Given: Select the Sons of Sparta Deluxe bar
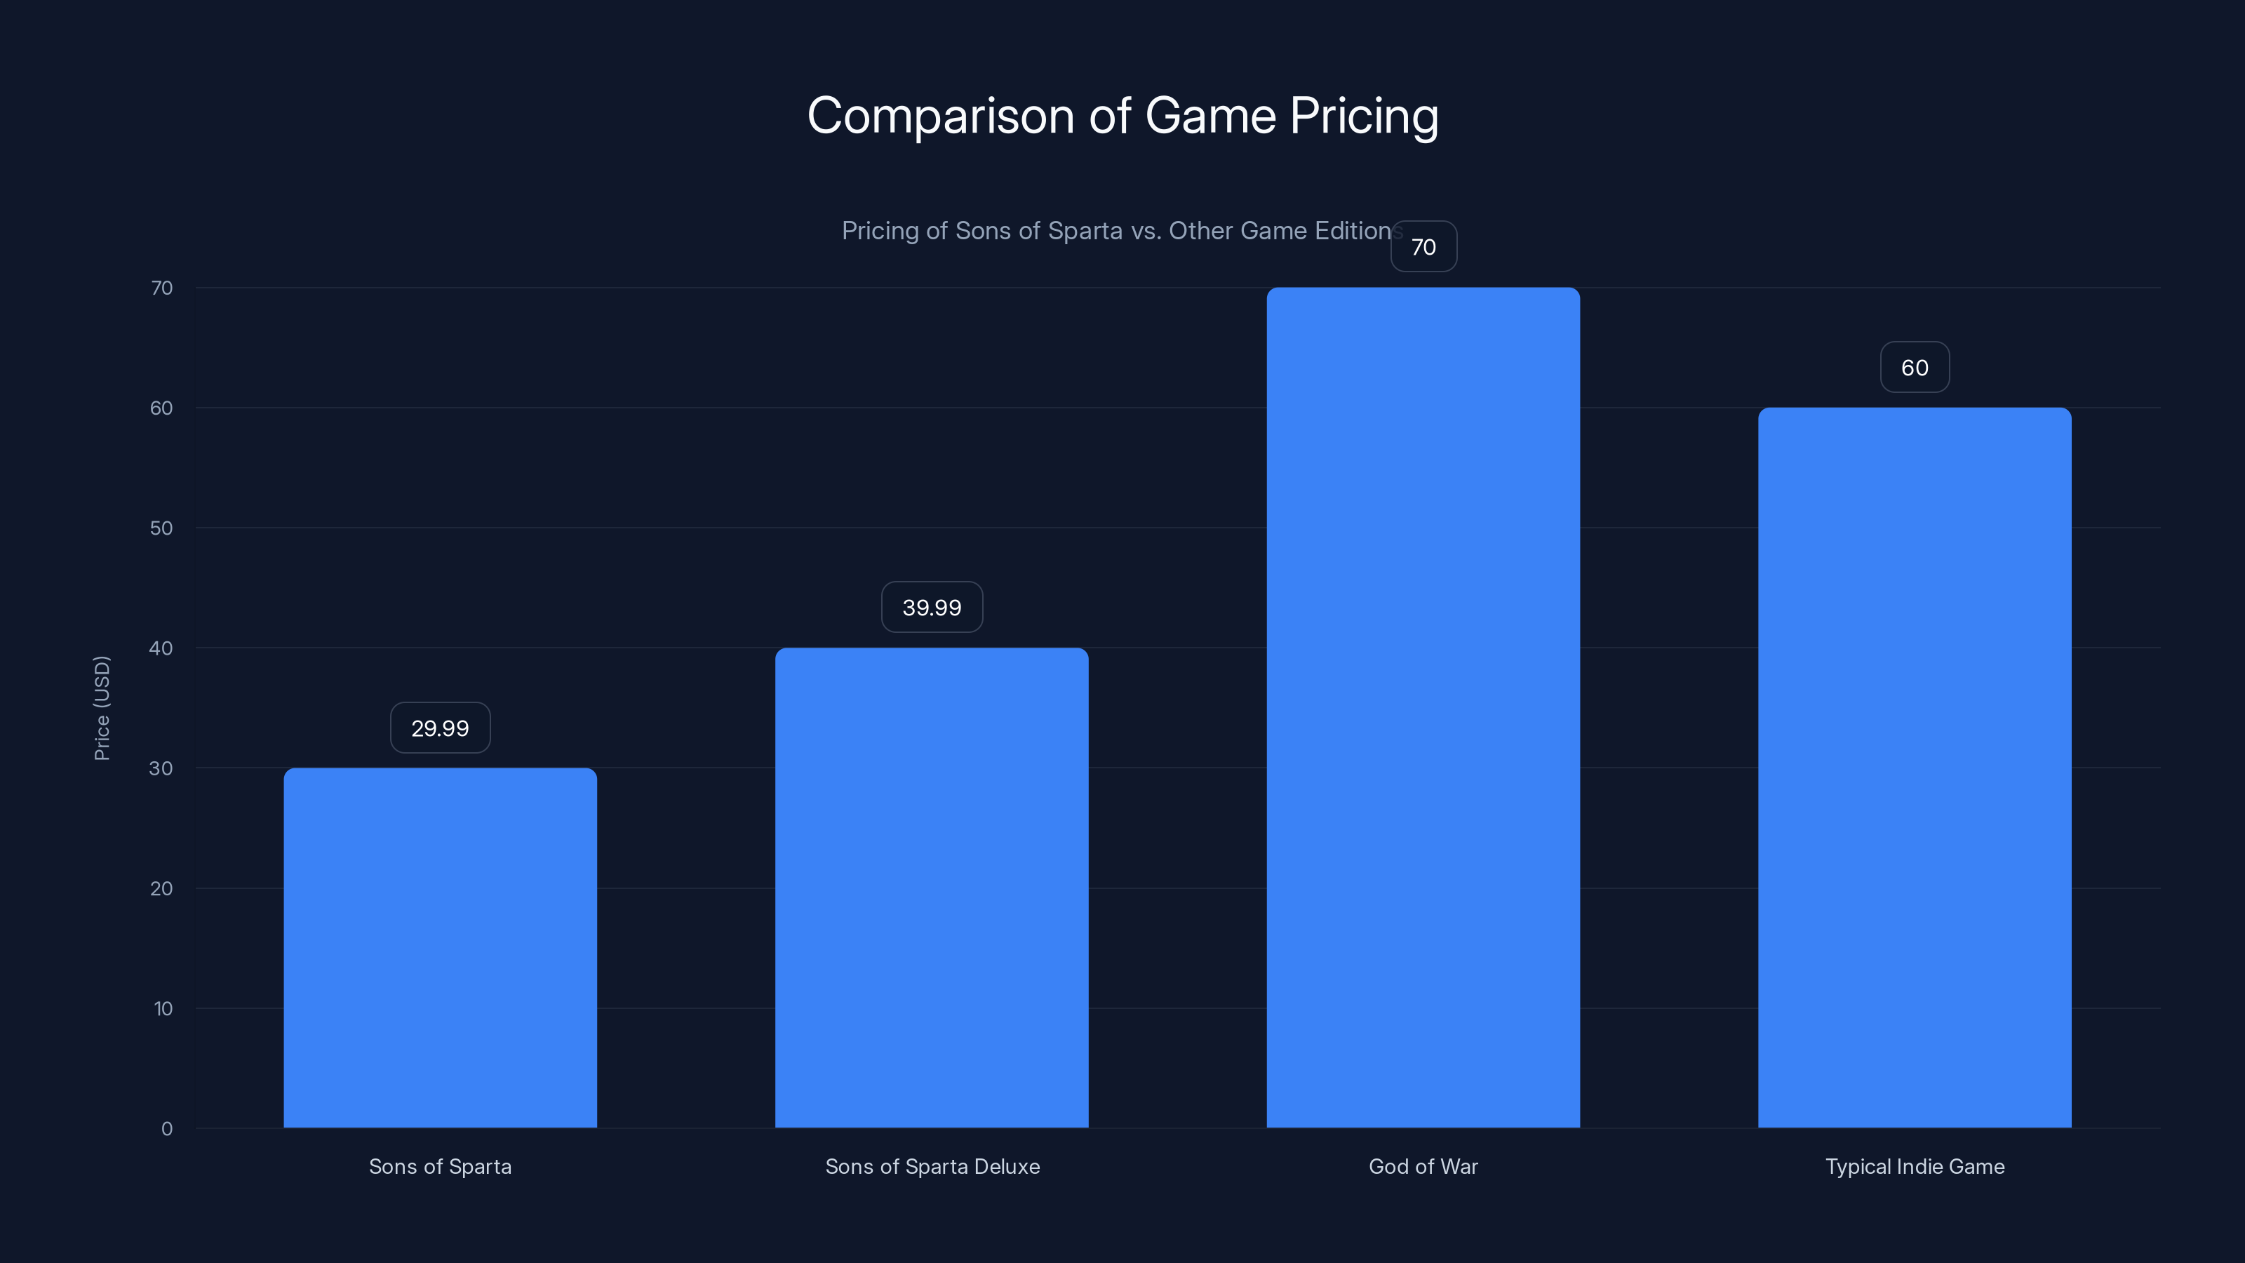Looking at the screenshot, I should pos(932,888).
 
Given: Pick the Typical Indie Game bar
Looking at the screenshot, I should pos(1915,767).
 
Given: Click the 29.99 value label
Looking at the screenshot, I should pos(440,728).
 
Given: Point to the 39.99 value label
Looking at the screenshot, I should pos(932,608).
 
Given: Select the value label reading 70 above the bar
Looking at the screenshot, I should pos(1423,247).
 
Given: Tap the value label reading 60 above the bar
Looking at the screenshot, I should pos(1915,367).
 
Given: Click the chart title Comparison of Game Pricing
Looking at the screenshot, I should pos(1122,116).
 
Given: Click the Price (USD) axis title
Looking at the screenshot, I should pos(102,708).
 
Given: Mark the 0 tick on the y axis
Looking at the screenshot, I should pos(166,1129).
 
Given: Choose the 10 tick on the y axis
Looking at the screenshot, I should pos(163,1008).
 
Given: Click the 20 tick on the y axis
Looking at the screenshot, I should pos(161,888).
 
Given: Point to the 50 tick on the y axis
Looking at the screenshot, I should pos(161,528).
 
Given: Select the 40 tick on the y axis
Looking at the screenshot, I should pos(161,648).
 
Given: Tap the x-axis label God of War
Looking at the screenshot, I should pos(1423,1166).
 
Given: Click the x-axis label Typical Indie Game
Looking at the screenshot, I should pos(1915,1166).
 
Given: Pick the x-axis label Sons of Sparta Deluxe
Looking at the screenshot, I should pos(932,1166).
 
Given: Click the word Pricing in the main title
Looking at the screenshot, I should pos(1364,116).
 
